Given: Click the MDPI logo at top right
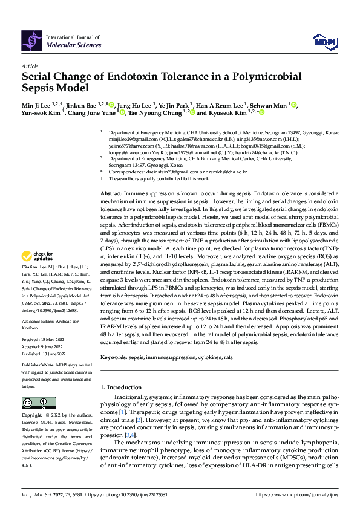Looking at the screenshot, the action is click(x=324, y=41).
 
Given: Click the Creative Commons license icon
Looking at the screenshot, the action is click(x=34, y=403).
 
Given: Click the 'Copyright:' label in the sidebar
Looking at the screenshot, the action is click(x=32, y=415).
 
